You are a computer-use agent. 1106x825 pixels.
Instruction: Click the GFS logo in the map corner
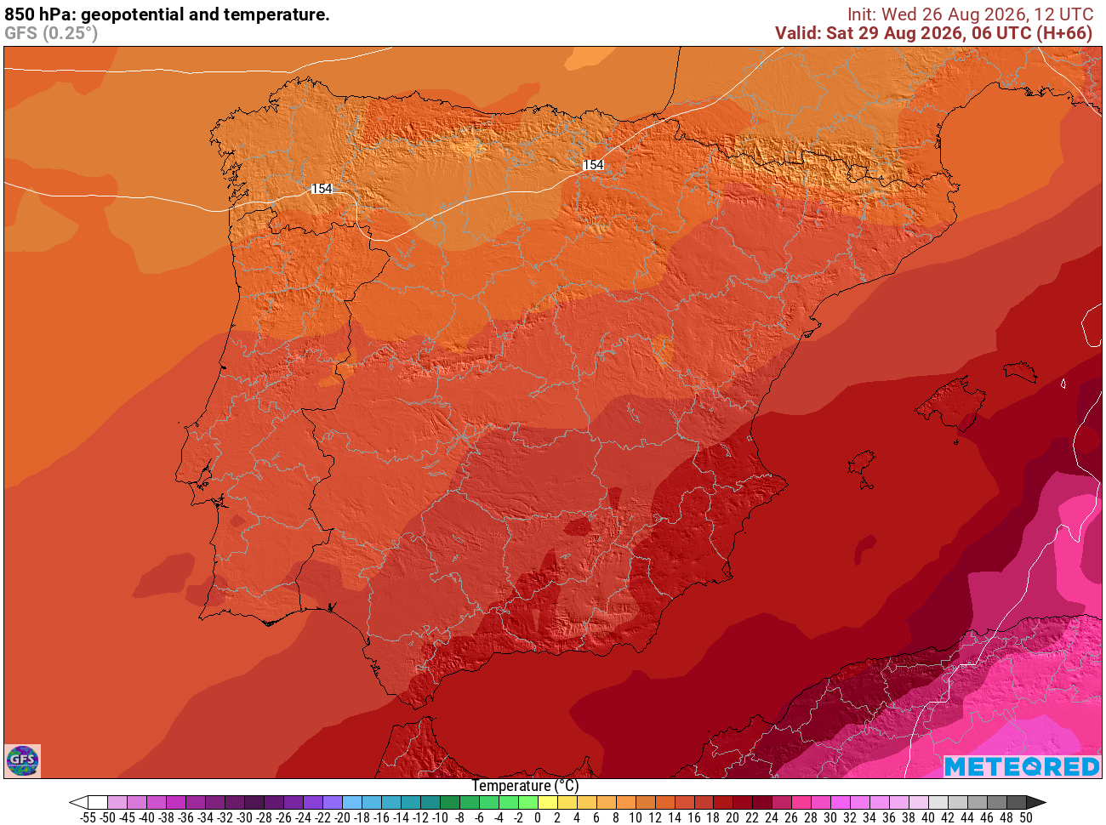(23, 760)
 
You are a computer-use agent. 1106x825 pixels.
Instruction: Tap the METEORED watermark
(1022, 766)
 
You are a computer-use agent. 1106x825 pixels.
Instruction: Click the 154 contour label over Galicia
(322, 188)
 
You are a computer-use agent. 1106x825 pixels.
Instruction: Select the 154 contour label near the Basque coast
(593, 165)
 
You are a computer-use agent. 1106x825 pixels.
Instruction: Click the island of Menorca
(1020, 372)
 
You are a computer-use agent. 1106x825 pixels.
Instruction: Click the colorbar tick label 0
(538, 817)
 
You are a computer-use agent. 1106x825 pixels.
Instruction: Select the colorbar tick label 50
(1025, 817)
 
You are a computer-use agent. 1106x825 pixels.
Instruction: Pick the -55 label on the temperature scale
(88, 817)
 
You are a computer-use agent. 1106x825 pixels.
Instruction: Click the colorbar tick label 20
(733, 817)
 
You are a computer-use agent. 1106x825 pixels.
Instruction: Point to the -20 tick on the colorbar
(343, 817)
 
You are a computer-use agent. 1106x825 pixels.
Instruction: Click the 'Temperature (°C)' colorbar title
(525, 786)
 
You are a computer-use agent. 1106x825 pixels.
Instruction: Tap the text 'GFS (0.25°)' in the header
(51, 33)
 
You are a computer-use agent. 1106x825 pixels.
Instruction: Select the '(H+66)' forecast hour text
(1064, 33)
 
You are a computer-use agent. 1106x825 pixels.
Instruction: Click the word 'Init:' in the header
(862, 14)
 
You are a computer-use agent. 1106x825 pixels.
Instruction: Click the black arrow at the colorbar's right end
(1036, 802)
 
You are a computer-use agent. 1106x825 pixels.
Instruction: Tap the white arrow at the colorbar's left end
(78, 802)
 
